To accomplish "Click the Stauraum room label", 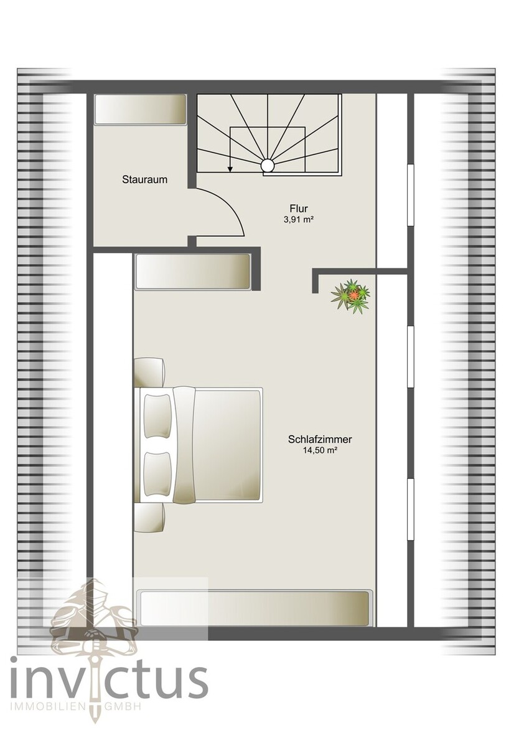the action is tap(145, 179).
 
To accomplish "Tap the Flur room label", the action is tap(298, 209).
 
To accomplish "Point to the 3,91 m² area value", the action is tap(298, 219).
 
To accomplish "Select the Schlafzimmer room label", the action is tap(320, 440).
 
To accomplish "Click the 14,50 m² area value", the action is tap(320, 450).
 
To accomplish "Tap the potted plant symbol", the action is tap(351, 296).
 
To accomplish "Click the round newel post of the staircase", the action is tap(267, 165).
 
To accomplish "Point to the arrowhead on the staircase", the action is tap(230, 168).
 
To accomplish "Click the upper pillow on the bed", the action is tap(157, 416).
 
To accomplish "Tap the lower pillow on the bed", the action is tap(157, 473).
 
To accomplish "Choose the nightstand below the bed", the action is tap(149, 518).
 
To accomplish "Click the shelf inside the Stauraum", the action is tap(140, 110).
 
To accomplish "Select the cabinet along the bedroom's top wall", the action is tap(192, 272).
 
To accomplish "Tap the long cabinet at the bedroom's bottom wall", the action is tap(255, 609).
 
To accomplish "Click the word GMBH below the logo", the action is tap(123, 706).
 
